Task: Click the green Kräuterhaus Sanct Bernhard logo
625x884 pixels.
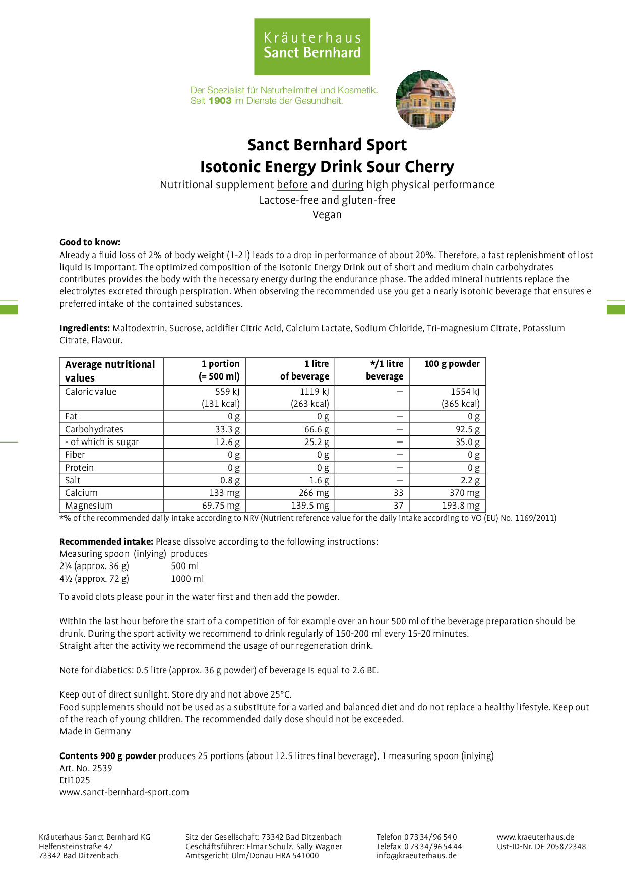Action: click(312, 46)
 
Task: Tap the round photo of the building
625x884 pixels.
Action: click(425, 100)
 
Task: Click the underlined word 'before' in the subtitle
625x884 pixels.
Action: click(292, 185)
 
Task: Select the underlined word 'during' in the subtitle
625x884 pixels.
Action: click(347, 185)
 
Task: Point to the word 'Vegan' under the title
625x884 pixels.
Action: click(327, 215)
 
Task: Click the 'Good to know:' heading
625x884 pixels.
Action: click(90, 242)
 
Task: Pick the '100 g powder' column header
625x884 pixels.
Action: click(452, 364)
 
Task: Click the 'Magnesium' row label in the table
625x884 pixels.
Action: click(89, 506)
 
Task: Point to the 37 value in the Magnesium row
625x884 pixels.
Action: click(398, 506)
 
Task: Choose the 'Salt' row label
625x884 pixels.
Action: click(73, 480)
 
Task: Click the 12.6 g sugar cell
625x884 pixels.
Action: click(227, 442)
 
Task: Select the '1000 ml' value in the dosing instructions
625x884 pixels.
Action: click(187, 579)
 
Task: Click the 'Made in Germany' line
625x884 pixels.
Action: click(95, 731)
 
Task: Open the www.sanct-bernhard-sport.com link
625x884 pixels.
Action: click(124, 792)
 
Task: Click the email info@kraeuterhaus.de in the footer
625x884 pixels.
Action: click(416, 855)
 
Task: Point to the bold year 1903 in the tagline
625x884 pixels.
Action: click(220, 101)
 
